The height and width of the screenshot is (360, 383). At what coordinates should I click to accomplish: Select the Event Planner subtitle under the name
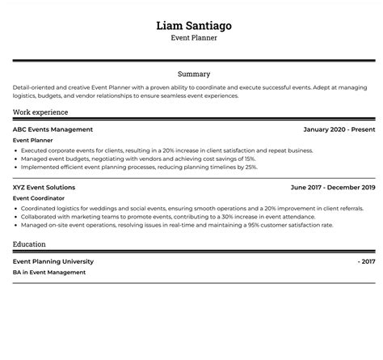(x=193, y=38)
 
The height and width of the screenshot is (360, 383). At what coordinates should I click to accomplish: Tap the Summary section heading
(x=193, y=74)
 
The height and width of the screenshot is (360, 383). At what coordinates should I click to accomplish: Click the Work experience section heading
(x=40, y=112)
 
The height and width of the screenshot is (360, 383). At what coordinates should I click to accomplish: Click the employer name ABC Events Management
(x=53, y=129)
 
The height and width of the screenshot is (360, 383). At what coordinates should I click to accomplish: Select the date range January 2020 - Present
(x=339, y=129)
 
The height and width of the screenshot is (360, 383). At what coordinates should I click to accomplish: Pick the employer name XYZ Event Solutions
(x=44, y=187)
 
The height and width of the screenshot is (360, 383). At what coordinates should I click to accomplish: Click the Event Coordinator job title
(x=37, y=197)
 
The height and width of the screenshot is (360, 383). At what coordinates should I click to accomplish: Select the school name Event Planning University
(x=53, y=261)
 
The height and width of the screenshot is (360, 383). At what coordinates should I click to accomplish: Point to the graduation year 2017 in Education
(x=368, y=261)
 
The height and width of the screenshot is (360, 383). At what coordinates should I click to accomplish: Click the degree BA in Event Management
(x=49, y=273)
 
